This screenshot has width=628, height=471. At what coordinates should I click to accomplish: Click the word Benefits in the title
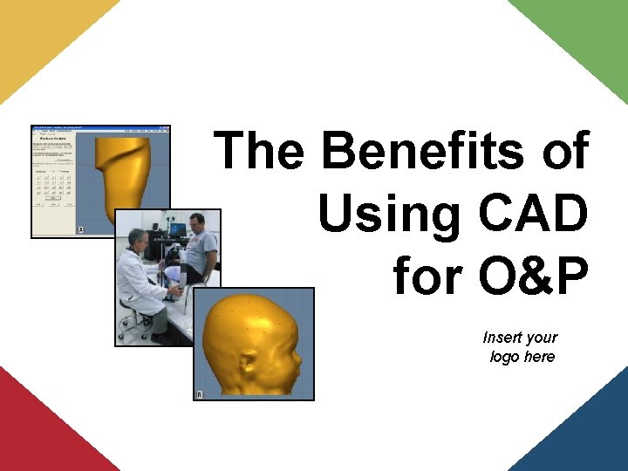tap(425, 151)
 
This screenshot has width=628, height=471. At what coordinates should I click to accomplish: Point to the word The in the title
tap(258, 151)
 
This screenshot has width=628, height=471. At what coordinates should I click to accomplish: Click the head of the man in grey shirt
tap(197, 222)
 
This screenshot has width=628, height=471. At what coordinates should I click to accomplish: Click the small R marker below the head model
tap(201, 395)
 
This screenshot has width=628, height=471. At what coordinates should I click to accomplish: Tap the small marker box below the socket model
tap(81, 229)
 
